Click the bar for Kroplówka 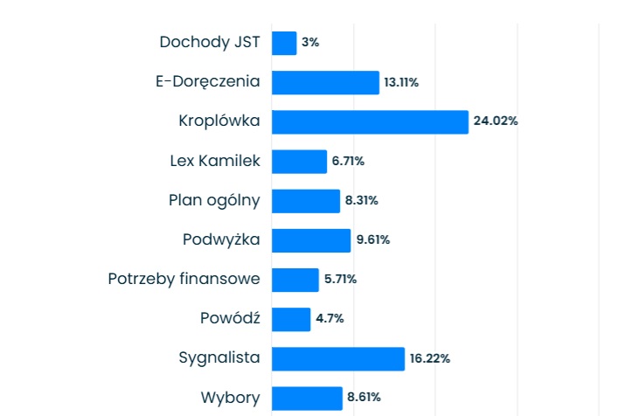point(370,121)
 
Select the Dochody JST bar point(284,43)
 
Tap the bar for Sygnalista point(338,358)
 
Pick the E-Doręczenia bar point(325,82)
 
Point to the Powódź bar point(291,319)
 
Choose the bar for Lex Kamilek point(299,161)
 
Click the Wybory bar point(307,398)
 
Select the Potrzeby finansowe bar point(295,280)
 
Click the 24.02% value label point(496,121)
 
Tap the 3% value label point(310,43)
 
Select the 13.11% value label point(401,82)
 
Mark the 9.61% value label point(372,240)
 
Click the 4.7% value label point(330,319)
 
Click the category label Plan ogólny point(214,200)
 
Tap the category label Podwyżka point(221,240)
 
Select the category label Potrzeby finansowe point(184,280)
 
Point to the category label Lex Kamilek point(215,161)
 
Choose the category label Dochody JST point(210,42)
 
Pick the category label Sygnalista point(219,358)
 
